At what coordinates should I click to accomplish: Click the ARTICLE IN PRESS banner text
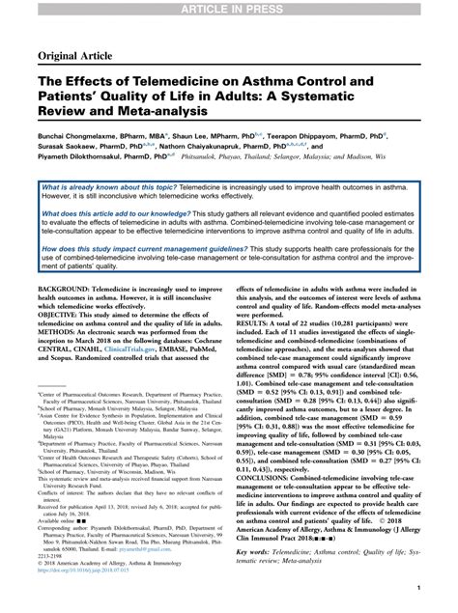228,8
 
